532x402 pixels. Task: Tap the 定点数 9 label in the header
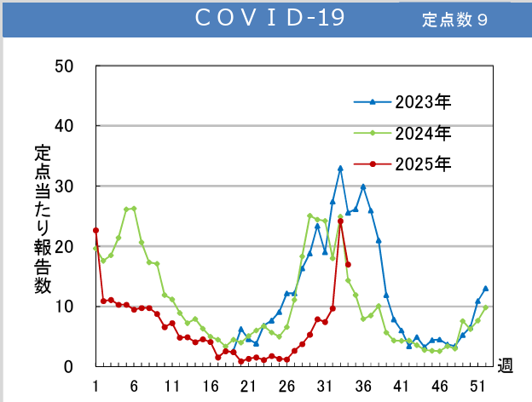tap(454, 20)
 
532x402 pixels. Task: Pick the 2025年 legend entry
tap(422, 162)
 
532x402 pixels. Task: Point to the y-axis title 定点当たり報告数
tap(42, 219)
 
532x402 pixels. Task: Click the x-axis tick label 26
tap(286, 386)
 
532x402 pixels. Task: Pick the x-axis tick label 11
tap(172, 386)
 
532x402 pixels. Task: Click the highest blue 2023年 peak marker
tap(340, 169)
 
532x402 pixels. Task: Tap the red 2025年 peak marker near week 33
tap(340, 221)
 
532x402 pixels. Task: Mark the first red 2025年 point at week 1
tap(95, 230)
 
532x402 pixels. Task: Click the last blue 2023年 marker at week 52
tap(485, 288)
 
